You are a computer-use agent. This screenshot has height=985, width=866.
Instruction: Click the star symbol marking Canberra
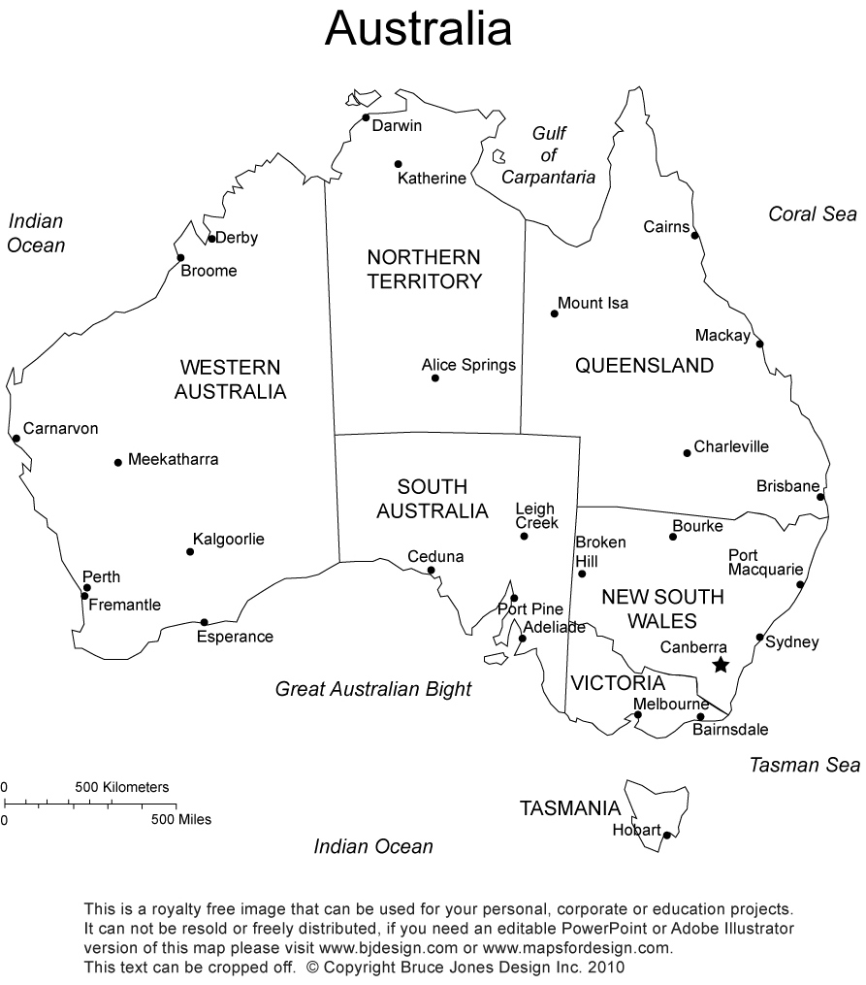click(721, 665)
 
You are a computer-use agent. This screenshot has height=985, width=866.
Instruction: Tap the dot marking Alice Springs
click(435, 378)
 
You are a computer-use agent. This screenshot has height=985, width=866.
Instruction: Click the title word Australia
click(418, 29)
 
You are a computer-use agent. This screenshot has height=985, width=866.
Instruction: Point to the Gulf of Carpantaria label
click(549, 155)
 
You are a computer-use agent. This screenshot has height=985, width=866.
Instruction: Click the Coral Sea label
click(813, 213)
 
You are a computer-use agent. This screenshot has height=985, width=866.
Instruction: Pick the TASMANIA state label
click(570, 808)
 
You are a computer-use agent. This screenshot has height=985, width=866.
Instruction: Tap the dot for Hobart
click(667, 835)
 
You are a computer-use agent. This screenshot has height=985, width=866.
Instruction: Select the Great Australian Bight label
click(373, 689)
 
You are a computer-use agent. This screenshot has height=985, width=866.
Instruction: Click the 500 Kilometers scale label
click(122, 786)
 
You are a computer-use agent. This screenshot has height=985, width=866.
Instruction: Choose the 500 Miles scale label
click(180, 819)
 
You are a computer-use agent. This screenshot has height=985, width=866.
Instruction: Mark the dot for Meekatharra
click(118, 462)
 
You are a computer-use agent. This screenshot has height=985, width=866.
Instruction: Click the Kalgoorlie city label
click(229, 539)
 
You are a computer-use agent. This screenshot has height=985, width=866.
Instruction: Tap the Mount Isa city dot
click(555, 313)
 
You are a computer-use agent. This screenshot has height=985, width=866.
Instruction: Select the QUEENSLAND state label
click(644, 366)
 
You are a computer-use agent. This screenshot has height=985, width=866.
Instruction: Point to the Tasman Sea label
click(804, 765)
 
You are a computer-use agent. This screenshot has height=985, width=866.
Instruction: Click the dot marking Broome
click(180, 258)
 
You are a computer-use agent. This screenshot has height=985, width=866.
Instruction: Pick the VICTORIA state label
click(618, 683)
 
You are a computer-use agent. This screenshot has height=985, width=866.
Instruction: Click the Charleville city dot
click(687, 452)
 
